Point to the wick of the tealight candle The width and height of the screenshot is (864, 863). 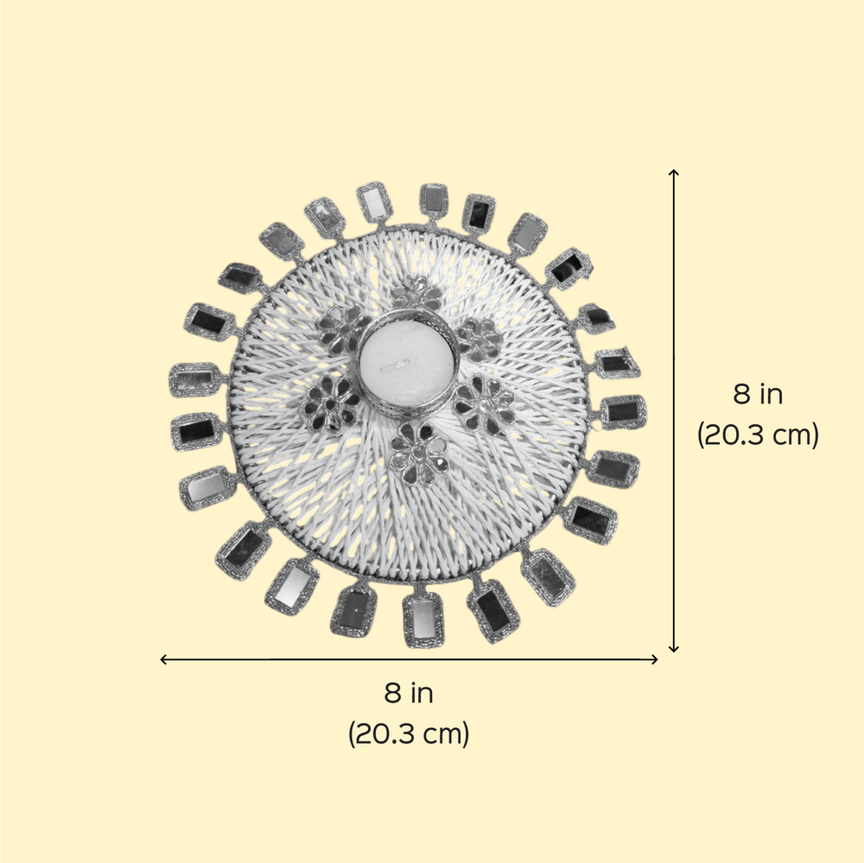pos(395,365)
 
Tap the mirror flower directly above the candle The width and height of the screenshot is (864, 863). pos(417,293)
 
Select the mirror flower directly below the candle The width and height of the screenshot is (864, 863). pos(418,453)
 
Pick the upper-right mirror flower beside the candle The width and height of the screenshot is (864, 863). pos(480,339)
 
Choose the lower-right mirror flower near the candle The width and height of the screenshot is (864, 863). pos(485,403)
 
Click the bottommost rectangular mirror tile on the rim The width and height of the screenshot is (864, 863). pos(423,620)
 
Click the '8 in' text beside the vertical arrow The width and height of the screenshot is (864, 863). pos(758,395)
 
